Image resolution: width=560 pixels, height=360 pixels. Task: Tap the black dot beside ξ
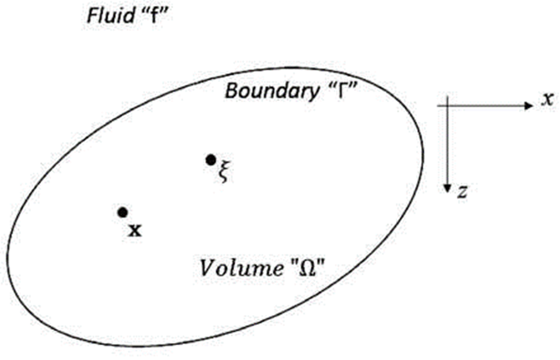[210, 160]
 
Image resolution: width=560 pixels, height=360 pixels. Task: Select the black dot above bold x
[122, 212]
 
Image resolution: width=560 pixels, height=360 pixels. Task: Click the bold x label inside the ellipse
[135, 229]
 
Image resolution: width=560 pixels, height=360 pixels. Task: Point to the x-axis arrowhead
[529, 106]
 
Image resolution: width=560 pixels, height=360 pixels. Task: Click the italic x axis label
[547, 99]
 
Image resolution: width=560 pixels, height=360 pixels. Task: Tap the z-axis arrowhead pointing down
[447, 188]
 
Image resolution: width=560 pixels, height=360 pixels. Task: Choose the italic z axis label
[461, 192]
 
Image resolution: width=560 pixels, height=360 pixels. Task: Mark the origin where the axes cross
[447, 106]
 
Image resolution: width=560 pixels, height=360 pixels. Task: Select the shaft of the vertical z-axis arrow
[447, 146]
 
